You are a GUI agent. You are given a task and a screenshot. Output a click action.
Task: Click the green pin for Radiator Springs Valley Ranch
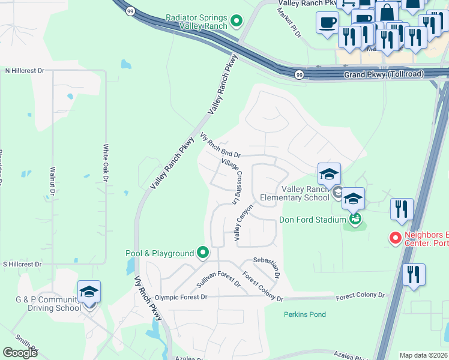[x=237, y=22]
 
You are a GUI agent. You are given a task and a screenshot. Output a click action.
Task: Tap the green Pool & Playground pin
[x=202, y=253]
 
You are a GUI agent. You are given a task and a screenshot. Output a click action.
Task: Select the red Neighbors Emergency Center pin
[x=396, y=238]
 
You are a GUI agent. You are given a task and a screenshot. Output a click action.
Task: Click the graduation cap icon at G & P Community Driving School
[x=89, y=292]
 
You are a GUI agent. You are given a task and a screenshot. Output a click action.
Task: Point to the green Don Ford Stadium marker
[x=355, y=220]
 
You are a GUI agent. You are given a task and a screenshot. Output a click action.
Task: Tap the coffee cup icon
[x=327, y=23]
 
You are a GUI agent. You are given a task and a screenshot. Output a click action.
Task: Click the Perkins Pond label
[x=306, y=314]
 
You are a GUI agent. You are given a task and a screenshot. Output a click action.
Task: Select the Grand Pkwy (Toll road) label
[x=384, y=74]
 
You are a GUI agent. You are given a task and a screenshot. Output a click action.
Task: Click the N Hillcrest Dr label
[x=25, y=71]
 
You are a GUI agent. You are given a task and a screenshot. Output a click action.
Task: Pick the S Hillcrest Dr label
[x=22, y=264]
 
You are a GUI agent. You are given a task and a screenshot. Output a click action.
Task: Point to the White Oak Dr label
[x=106, y=163]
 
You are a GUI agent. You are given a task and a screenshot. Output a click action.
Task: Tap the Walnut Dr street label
[x=53, y=181]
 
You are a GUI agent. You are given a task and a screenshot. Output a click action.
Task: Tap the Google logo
[x=20, y=353]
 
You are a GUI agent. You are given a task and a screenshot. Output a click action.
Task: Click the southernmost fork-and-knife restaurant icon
[x=414, y=275]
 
